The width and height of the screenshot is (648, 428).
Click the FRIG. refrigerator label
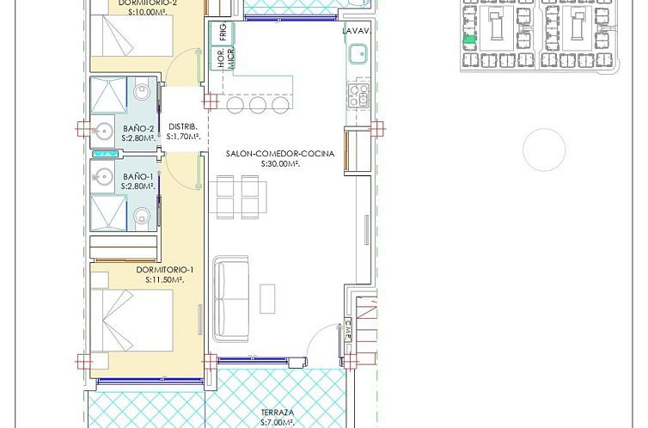(222, 34)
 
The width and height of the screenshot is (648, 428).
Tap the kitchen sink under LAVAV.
(355, 56)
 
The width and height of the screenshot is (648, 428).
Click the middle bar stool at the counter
(256, 104)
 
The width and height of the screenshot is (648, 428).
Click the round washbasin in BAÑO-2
(103, 131)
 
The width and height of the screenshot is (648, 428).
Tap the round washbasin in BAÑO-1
(103, 177)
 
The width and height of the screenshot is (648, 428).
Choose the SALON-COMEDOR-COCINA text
(262, 154)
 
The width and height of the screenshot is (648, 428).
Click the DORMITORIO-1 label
(165, 269)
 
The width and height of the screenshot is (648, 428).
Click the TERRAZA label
(278, 413)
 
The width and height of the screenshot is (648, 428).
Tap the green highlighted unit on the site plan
(468, 40)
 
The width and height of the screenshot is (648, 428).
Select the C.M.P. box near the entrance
(348, 330)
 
